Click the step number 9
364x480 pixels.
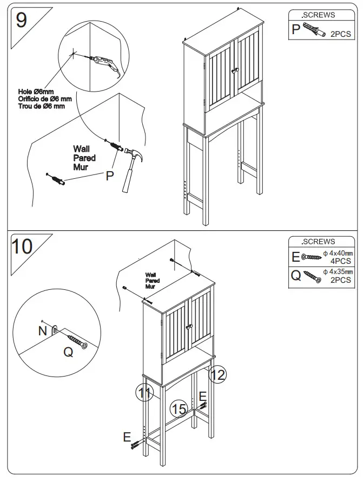coord(21,20)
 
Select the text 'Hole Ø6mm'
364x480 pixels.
coord(36,92)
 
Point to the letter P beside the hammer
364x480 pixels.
coord(110,176)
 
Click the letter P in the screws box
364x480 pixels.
coord(296,29)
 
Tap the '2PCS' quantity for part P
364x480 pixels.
coord(340,34)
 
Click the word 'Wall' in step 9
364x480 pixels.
coord(81,149)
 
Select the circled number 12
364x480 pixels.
coord(217,374)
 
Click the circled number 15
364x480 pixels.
coord(179,409)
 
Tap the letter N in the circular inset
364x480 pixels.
coord(43,330)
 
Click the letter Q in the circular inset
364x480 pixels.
coord(68,352)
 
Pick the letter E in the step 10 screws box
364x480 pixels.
coord(296,257)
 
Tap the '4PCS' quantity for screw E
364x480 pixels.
coord(341,261)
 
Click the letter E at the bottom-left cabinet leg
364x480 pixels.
coord(127,437)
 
